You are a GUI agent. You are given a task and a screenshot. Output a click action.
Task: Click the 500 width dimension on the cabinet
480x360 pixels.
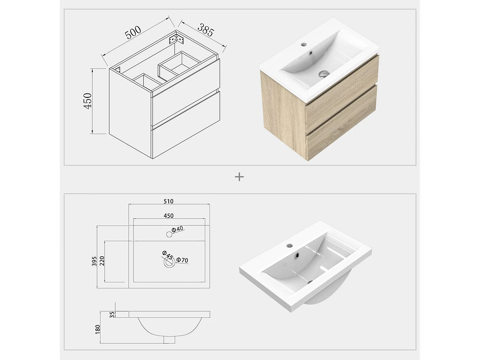[x=133, y=32]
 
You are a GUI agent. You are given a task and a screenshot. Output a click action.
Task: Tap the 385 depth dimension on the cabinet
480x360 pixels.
[x=205, y=30]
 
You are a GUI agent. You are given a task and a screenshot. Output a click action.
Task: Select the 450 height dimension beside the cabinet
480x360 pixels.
[x=87, y=100]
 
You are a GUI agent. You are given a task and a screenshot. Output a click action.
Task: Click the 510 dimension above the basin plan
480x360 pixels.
[x=168, y=201]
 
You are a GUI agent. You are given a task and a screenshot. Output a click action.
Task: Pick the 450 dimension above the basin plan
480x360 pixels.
[x=168, y=216]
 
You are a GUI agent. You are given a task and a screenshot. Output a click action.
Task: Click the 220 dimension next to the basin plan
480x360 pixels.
[x=102, y=261]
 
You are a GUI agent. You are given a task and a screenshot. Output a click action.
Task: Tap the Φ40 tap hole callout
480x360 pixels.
[x=177, y=229]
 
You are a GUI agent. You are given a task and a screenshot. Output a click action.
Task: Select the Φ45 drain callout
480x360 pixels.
[x=167, y=255]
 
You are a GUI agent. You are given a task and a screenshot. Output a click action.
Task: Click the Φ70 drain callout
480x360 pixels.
[x=182, y=260]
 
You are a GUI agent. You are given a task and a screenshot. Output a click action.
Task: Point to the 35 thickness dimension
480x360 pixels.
[x=112, y=315]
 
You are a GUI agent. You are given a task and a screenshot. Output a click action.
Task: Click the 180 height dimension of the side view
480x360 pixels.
[x=98, y=329]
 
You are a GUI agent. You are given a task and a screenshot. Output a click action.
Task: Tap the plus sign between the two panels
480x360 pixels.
[x=239, y=177]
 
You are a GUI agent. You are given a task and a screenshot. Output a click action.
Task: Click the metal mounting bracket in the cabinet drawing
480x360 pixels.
[x=176, y=39]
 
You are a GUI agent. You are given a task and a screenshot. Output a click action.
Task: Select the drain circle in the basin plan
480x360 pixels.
[x=169, y=263]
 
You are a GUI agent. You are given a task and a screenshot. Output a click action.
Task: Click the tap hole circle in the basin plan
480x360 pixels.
[x=169, y=235]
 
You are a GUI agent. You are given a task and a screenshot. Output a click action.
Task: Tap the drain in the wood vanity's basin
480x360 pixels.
[x=324, y=74]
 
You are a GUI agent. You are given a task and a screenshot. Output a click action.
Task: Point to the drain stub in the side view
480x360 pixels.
[x=169, y=339]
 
